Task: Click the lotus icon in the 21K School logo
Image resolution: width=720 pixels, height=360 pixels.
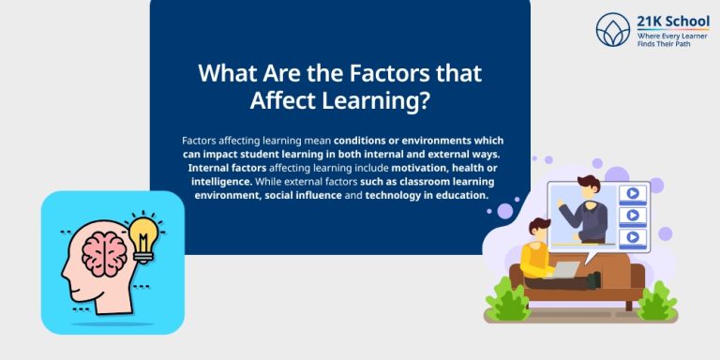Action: (x=613, y=29)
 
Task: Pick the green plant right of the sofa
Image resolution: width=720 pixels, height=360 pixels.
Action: (x=657, y=302)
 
